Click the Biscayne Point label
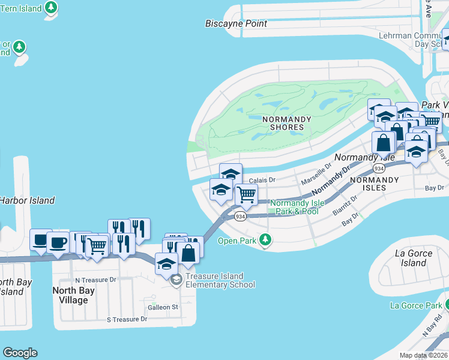[236, 24]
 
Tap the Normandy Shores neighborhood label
[287, 123]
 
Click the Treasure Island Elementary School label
[220, 280]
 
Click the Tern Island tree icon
[52, 8]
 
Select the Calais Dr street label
[261, 179]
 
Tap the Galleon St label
[163, 307]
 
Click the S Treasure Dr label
[127, 319]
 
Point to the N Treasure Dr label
[95, 280]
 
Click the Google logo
[20, 353]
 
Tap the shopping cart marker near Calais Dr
[246, 194]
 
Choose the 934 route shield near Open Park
[240, 216]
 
